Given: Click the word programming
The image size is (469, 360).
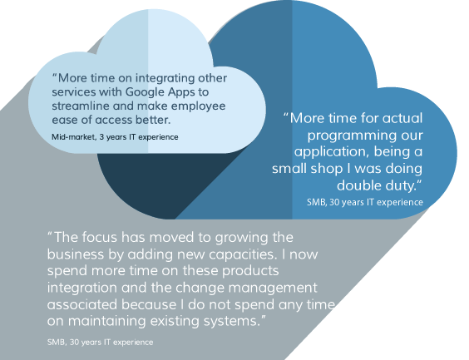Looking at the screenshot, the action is [352, 136].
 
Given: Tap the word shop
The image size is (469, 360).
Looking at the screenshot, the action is [327, 169].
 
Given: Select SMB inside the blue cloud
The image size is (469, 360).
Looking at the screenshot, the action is [317, 202].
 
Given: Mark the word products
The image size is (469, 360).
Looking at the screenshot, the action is [250, 271].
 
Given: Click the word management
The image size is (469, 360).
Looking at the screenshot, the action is [273, 288].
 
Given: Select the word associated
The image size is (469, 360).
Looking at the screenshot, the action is [82, 304].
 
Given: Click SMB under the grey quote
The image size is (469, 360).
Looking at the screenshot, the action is [57, 342].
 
